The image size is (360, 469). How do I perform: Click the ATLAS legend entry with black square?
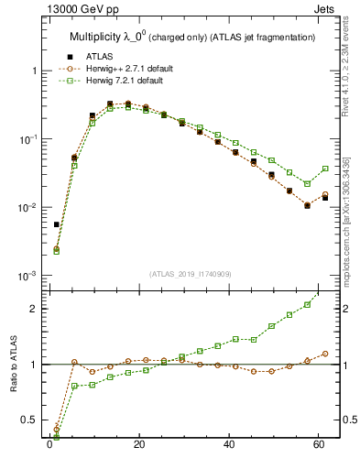pos(102,57)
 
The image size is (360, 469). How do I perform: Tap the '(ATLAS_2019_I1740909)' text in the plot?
pos(191,274)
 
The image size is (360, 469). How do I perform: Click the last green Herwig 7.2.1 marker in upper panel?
pos(325,169)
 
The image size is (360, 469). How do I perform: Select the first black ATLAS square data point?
pos(57,224)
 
